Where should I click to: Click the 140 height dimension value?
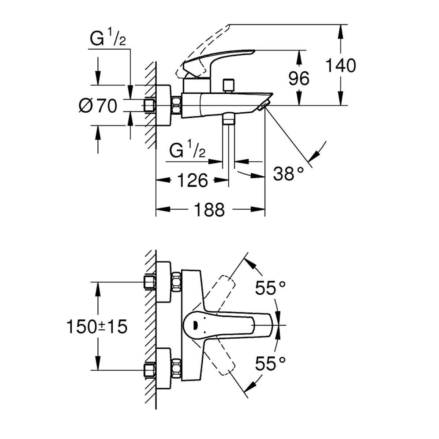[340, 66]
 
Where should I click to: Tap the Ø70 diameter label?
[98, 106]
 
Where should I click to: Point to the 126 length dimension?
[193, 180]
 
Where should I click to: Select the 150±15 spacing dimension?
[97, 327]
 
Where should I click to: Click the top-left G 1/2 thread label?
[108, 40]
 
